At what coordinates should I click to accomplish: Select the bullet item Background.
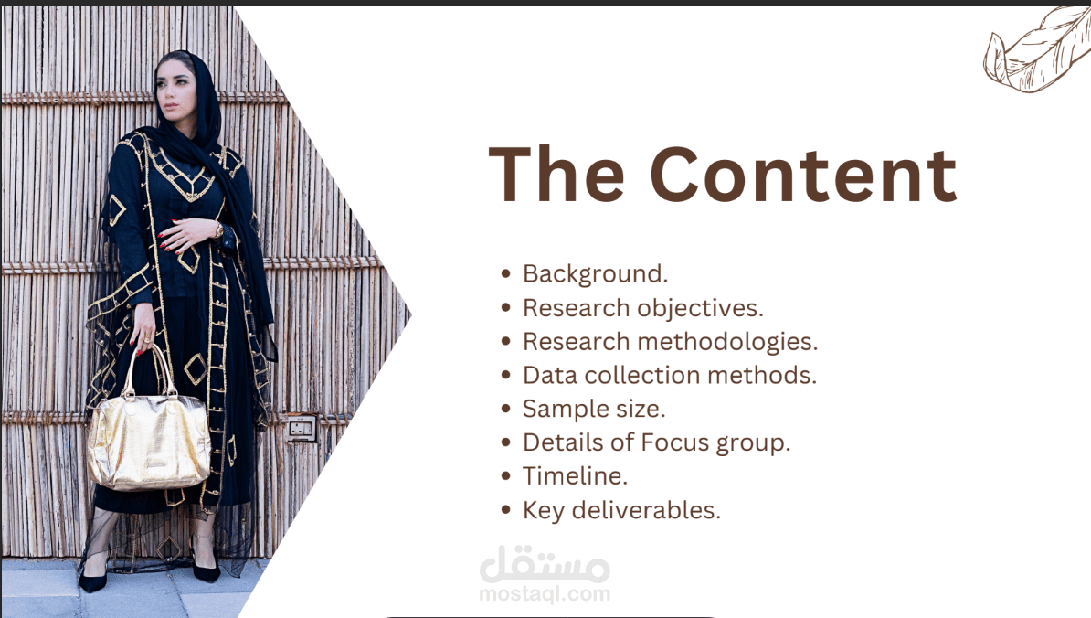click(595, 274)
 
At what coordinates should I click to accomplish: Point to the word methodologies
click(728, 342)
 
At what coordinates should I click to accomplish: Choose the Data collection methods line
click(670, 376)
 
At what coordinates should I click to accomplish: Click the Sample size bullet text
click(594, 410)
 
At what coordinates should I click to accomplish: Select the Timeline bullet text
click(575, 476)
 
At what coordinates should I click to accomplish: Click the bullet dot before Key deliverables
click(506, 510)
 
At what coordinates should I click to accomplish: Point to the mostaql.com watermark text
click(545, 593)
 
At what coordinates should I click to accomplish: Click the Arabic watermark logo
click(545, 564)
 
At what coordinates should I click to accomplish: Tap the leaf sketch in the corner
click(1037, 52)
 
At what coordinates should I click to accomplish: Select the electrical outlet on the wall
click(302, 428)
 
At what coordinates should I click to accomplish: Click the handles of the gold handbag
click(146, 368)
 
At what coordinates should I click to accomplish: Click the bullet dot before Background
click(506, 274)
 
